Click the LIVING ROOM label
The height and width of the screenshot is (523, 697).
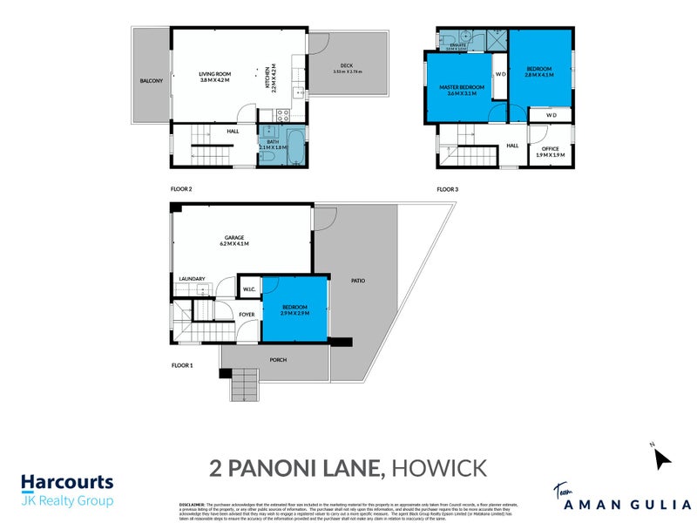click(x=213, y=77)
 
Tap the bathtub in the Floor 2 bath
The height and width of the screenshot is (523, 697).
click(x=291, y=150)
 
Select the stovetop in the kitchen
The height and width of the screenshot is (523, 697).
click(x=282, y=113)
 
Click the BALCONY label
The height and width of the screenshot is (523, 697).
click(x=151, y=81)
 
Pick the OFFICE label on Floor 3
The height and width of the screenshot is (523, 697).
click(x=550, y=152)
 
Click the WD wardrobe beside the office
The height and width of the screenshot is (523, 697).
click(x=551, y=115)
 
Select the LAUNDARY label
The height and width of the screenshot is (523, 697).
click(x=192, y=279)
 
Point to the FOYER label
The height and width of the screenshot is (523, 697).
click(x=247, y=314)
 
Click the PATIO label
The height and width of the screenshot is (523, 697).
click(x=358, y=281)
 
